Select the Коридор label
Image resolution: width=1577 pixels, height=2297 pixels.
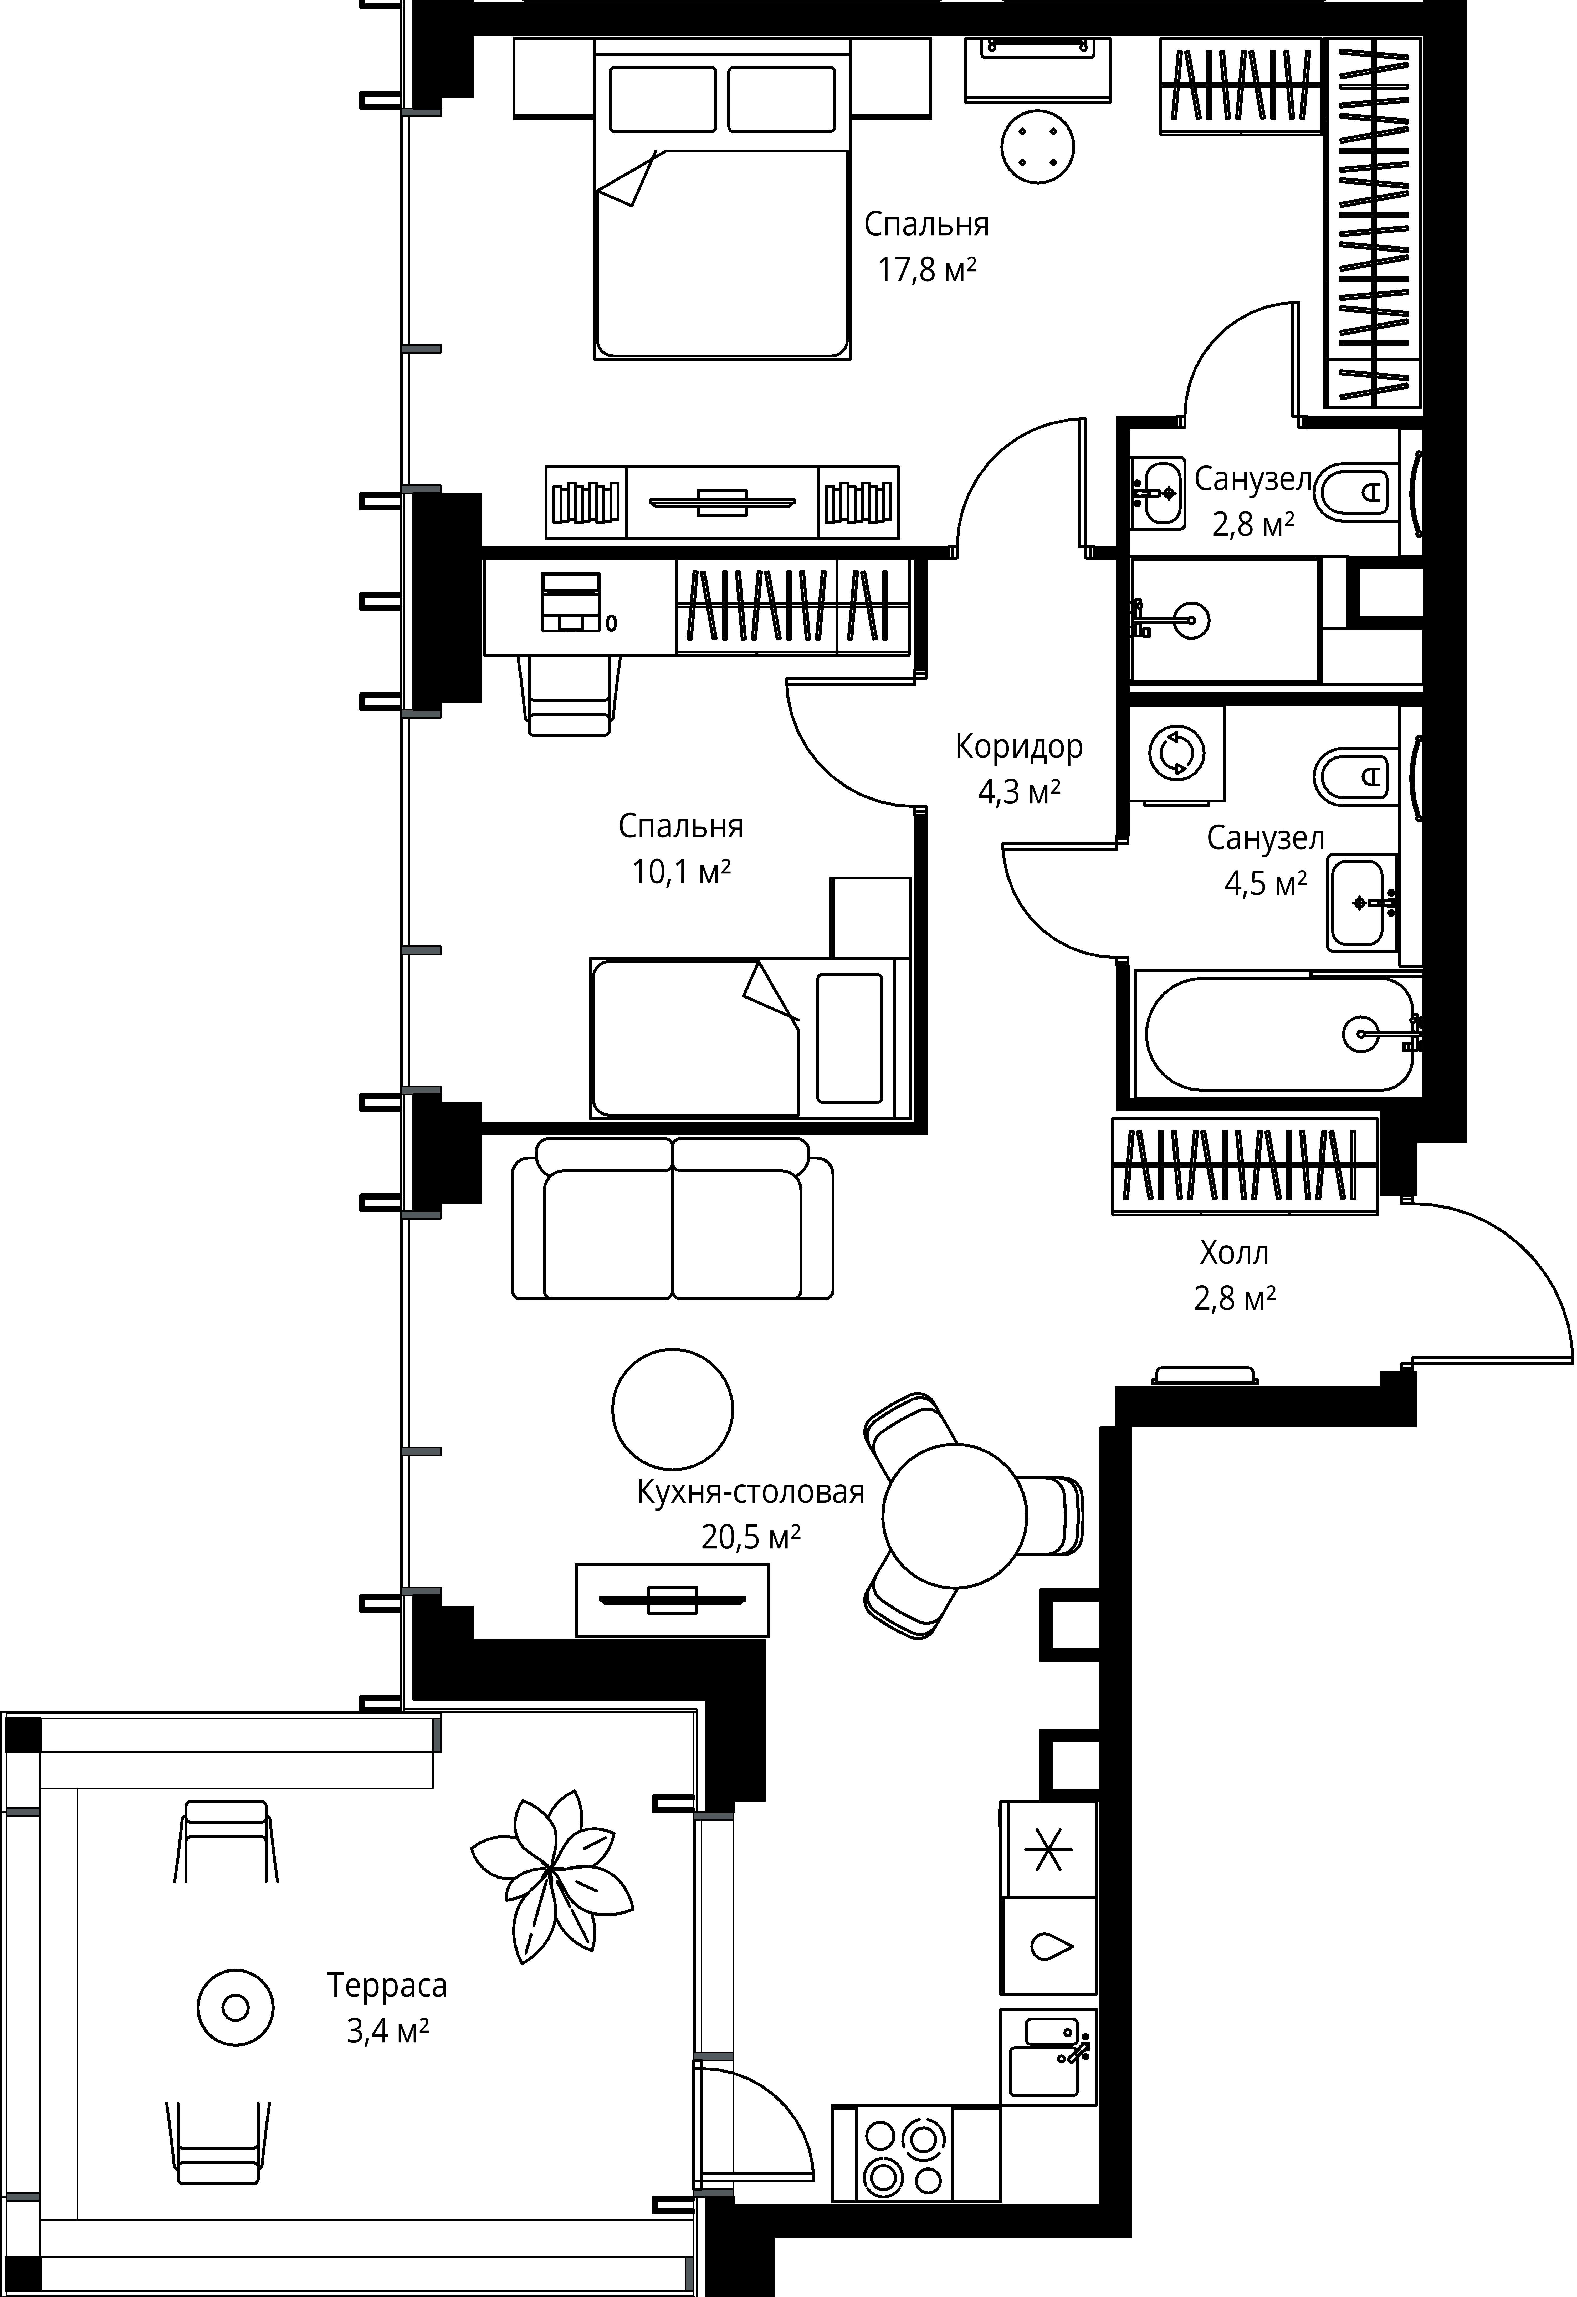[x=1019, y=746]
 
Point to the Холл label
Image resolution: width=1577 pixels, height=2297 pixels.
[x=1234, y=1253]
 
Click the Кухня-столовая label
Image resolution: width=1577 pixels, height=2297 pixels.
[x=751, y=1491]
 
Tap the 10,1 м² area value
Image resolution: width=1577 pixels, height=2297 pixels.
[x=681, y=871]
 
